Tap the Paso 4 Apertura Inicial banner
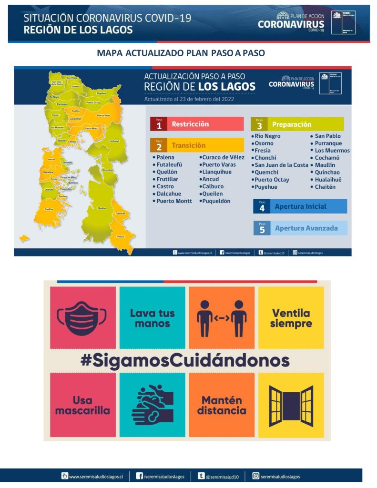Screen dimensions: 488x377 point(300,206)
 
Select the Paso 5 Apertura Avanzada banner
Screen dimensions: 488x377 point(300,228)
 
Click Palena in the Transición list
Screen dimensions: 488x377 point(165,157)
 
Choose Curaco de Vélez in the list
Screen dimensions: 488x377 point(223,157)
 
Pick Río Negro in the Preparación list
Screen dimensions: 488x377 point(267,136)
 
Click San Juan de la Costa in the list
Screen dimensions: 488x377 point(281,165)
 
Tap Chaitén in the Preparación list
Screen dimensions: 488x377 point(325,187)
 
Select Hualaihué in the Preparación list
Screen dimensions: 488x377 point(328,180)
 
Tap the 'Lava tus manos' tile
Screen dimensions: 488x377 point(152,318)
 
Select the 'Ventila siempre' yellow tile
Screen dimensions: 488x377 point(291,318)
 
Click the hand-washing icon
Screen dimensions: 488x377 point(152,405)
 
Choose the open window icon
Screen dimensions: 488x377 point(291,406)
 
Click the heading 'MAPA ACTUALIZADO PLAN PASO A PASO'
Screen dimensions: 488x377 point(181,53)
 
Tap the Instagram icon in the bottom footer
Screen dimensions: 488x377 point(256,476)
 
